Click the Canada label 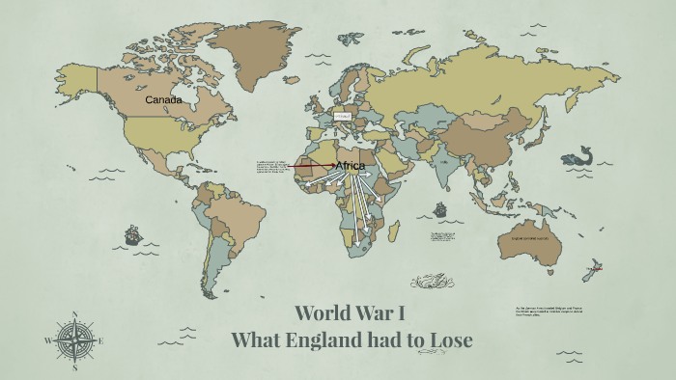pyautogui.click(x=163, y=99)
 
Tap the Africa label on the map pyautogui.click(x=350, y=166)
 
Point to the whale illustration pyautogui.click(x=582, y=155)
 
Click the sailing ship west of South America pyautogui.click(x=132, y=235)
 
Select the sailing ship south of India pyautogui.click(x=440, y=209)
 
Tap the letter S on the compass pyautogui.click(x=74, y=367)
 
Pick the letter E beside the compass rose pyautogui.click(x=100, y=340)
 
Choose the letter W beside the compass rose pyautogui.click(x=47, y=340)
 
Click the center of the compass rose pyautogui.click(x=74, y=340)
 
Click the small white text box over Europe pyautogui.click(x=343, y=117)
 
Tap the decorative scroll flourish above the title pyautogui.click(x=432, y=282)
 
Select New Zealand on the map pyautogui.click(x=591, y=272)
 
